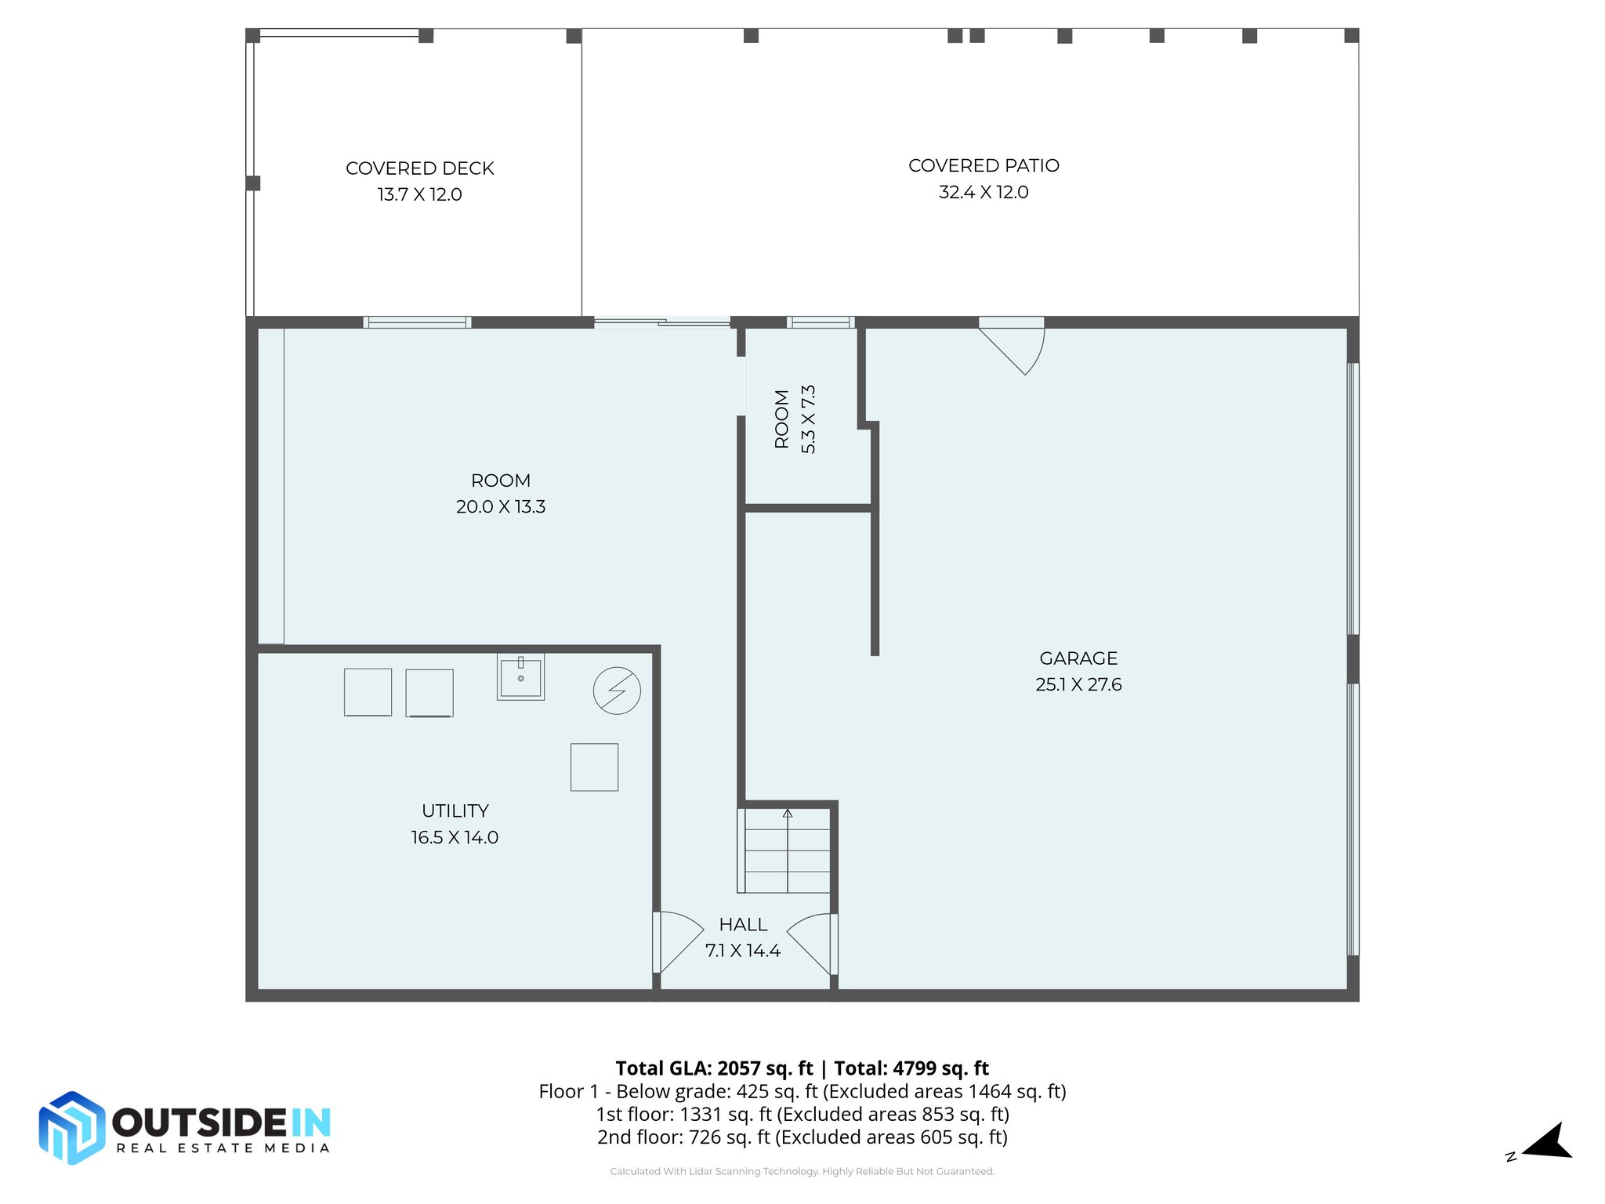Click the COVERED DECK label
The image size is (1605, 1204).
419,169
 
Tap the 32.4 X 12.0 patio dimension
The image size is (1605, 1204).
983,192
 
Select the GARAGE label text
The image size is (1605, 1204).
1078,658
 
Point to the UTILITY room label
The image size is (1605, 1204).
455,811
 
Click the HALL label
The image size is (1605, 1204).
743,924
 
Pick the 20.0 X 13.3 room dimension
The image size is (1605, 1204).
500,506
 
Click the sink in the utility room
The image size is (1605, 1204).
520,676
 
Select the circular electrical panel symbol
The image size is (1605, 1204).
617,691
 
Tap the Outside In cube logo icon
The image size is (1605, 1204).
71,1127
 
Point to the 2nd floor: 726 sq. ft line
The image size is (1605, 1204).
802,1137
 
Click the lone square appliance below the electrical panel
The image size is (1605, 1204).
594,767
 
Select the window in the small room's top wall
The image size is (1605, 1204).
820,322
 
